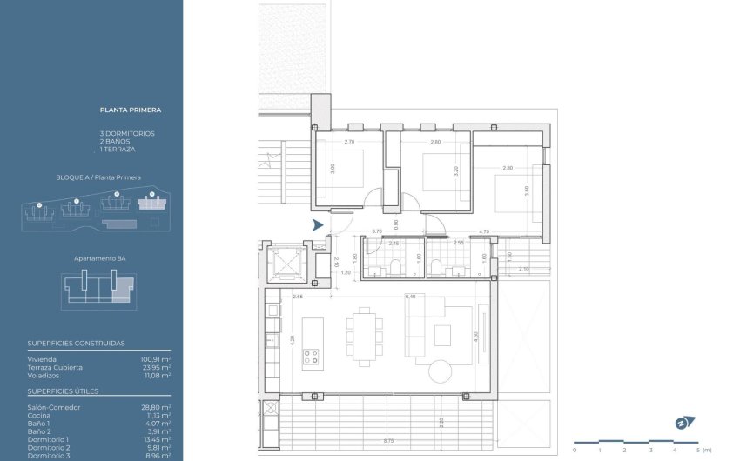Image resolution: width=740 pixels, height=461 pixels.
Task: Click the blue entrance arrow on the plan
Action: (319, 225)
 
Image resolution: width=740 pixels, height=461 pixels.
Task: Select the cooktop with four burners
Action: (311, 356)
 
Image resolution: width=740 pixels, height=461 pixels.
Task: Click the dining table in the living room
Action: (363, 335)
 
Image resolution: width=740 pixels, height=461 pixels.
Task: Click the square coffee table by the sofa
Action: (443, 333)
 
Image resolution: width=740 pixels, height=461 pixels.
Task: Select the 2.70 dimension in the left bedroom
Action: (349, 141)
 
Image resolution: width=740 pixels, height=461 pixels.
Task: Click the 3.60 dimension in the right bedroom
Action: (528, 190)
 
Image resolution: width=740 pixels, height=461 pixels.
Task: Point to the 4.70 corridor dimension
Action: (483, 232)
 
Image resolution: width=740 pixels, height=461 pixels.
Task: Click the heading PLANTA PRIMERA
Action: (131, 110)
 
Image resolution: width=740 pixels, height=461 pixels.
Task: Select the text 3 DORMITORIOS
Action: (127, 133)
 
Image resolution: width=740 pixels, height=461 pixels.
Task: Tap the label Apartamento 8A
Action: (97, 258)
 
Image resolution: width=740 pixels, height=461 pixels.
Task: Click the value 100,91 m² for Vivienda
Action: (155, 358)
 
